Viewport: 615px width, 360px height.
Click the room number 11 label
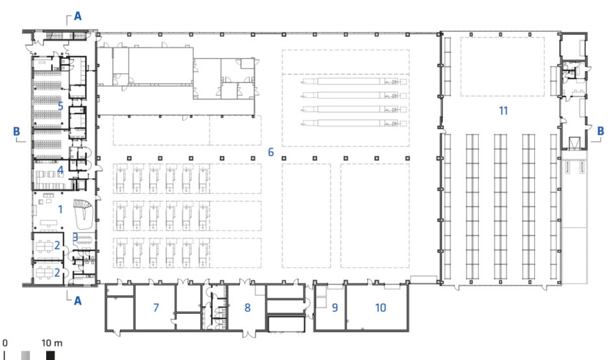pos(503,110)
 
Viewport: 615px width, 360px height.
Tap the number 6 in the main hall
pos(271,152)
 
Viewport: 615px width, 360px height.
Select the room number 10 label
pos(380,307)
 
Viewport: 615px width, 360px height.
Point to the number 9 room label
pos(335,307)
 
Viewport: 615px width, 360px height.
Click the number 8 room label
pos(247,308)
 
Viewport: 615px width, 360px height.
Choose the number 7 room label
pos(156,308)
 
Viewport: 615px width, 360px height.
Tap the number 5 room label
pos(60,106)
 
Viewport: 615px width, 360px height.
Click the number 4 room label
pos(60,170)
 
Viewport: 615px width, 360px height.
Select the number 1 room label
pos(60,210)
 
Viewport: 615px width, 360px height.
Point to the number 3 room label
pos(75,237)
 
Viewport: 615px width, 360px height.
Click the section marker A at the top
pos(78,16)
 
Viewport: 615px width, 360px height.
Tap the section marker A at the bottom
pos(78,301)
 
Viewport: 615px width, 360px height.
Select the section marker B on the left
pos(16,132)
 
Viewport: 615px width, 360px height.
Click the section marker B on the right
pos(600,131)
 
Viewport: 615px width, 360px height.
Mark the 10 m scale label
pos(52,343)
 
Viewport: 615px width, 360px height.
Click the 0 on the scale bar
pos(5,343)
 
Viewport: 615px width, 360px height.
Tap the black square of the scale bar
pos(50,355)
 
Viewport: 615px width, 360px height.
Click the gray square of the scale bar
pos(25,355)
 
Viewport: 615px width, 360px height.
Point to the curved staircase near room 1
pos(84,214)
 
